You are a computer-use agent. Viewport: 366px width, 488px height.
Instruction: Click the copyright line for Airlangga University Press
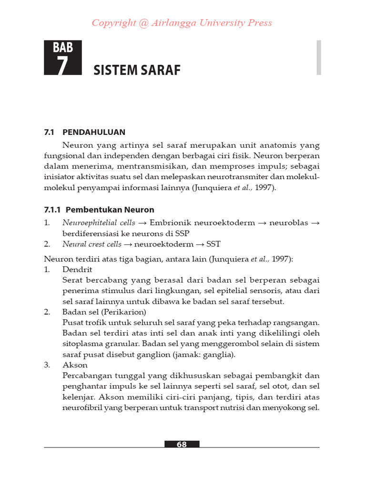[182, 23]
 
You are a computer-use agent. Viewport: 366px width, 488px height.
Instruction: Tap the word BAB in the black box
[62, 48]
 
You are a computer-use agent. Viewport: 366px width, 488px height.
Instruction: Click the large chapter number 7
[62, 65]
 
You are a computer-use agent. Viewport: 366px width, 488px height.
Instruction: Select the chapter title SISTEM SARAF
[137, 71]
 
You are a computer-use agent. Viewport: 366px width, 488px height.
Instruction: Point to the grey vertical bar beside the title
[319, 57]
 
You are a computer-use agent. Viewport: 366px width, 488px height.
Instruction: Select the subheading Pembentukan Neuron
[110, 210]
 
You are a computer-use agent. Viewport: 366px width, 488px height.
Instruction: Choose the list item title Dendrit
[74, 269]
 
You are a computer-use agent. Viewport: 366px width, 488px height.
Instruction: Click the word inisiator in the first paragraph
[60, 177]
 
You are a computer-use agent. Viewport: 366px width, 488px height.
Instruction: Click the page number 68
[182, 444]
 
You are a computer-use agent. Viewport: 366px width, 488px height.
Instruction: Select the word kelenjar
[77, 397]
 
